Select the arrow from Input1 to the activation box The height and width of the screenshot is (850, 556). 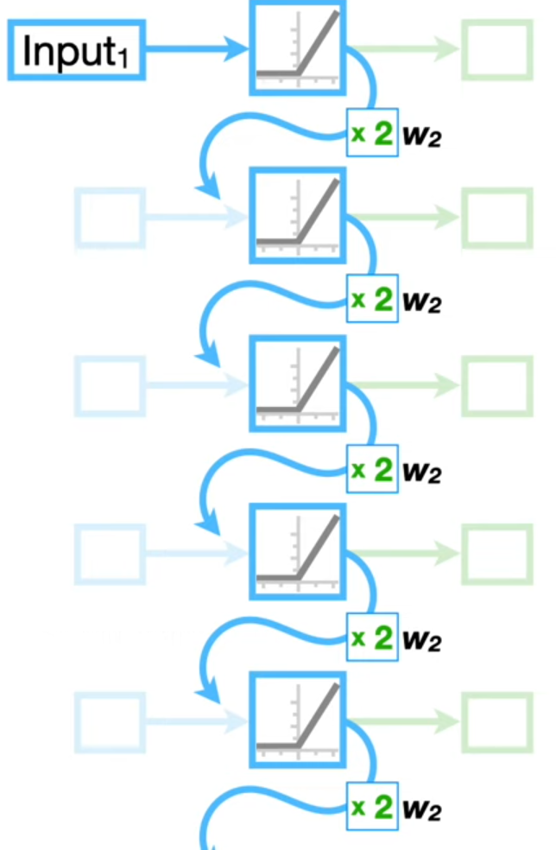coord(197,48)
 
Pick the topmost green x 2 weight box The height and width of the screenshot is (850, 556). coord(372,133)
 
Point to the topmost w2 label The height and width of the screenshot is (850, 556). coord(421,135)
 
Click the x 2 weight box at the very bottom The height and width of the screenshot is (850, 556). coord(372,807)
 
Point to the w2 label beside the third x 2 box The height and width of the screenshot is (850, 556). coord(421,472)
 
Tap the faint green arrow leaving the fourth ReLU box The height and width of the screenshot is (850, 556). coord(404,553)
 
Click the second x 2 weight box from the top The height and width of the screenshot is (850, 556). coord(372,299)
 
